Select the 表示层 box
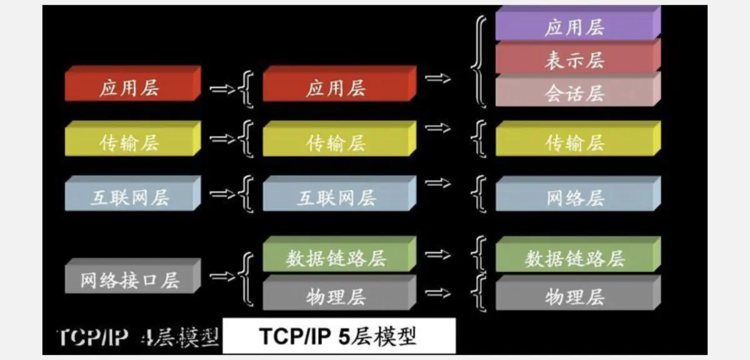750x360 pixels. click(575, 61)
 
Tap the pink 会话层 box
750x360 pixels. click(575, 94)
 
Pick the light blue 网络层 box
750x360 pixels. click(575, 199)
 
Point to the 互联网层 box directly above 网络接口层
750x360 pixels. click(130, 199)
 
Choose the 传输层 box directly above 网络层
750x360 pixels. click(575, 143)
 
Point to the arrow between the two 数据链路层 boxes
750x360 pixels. click(438, 254)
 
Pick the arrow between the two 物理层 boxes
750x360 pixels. click(438, 292)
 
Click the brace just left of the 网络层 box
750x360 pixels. click(480, 194)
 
